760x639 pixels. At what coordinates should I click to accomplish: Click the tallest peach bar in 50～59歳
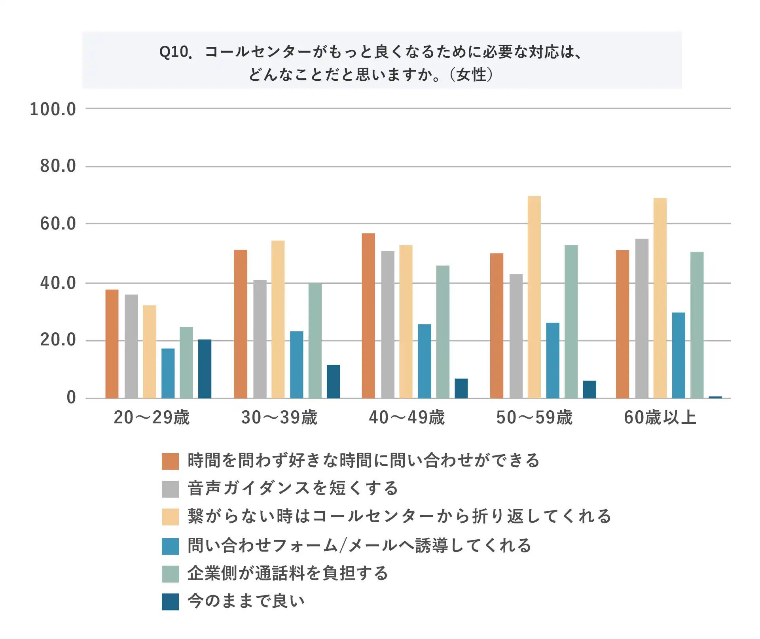pyautogui.click(x=534, y=297)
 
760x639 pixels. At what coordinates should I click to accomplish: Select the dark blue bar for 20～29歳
pyautogui.click(x=205, y=368)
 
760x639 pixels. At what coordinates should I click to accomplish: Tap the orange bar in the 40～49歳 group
pyautogui.click(x=368, y=315)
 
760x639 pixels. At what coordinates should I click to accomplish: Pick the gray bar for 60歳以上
pyautogui.click(x=642, y=318)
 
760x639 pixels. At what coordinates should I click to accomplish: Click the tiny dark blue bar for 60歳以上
pyautogui.click(x=715, y=396)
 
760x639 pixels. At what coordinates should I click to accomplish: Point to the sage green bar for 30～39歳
pyautogui.click(x=315, y=340)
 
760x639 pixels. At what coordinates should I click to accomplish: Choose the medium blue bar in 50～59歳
pyautogui.click(x=553, y=360)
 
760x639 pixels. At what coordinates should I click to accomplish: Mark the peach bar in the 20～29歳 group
pyautogui.click(x=149, y=351)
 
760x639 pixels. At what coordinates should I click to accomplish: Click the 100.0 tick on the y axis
pyautogui.click(x=53, y=109)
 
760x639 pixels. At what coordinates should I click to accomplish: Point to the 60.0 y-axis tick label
pyautogui.click(x=58, y=224)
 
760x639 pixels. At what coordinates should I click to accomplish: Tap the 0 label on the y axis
pyautogui.click(x=71, y=397)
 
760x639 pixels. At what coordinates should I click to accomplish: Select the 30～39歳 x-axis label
pyautogui.click(x=279, y=417)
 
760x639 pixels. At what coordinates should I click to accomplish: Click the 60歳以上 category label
pyautogui.click(x=660, y=417)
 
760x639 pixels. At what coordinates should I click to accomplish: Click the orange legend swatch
pyautogui.click(x=170, y=461)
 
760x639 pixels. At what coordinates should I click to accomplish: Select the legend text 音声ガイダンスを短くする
pyautogui.click(x=293, y=488)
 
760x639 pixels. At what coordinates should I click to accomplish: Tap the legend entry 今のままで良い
pyautogui.click(x=246, y=601)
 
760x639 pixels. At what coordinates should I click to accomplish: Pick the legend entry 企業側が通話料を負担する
pyautogui.click(x=288, y=573)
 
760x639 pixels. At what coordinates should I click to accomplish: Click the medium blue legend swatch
pyautogui.click(x=170, y=546)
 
